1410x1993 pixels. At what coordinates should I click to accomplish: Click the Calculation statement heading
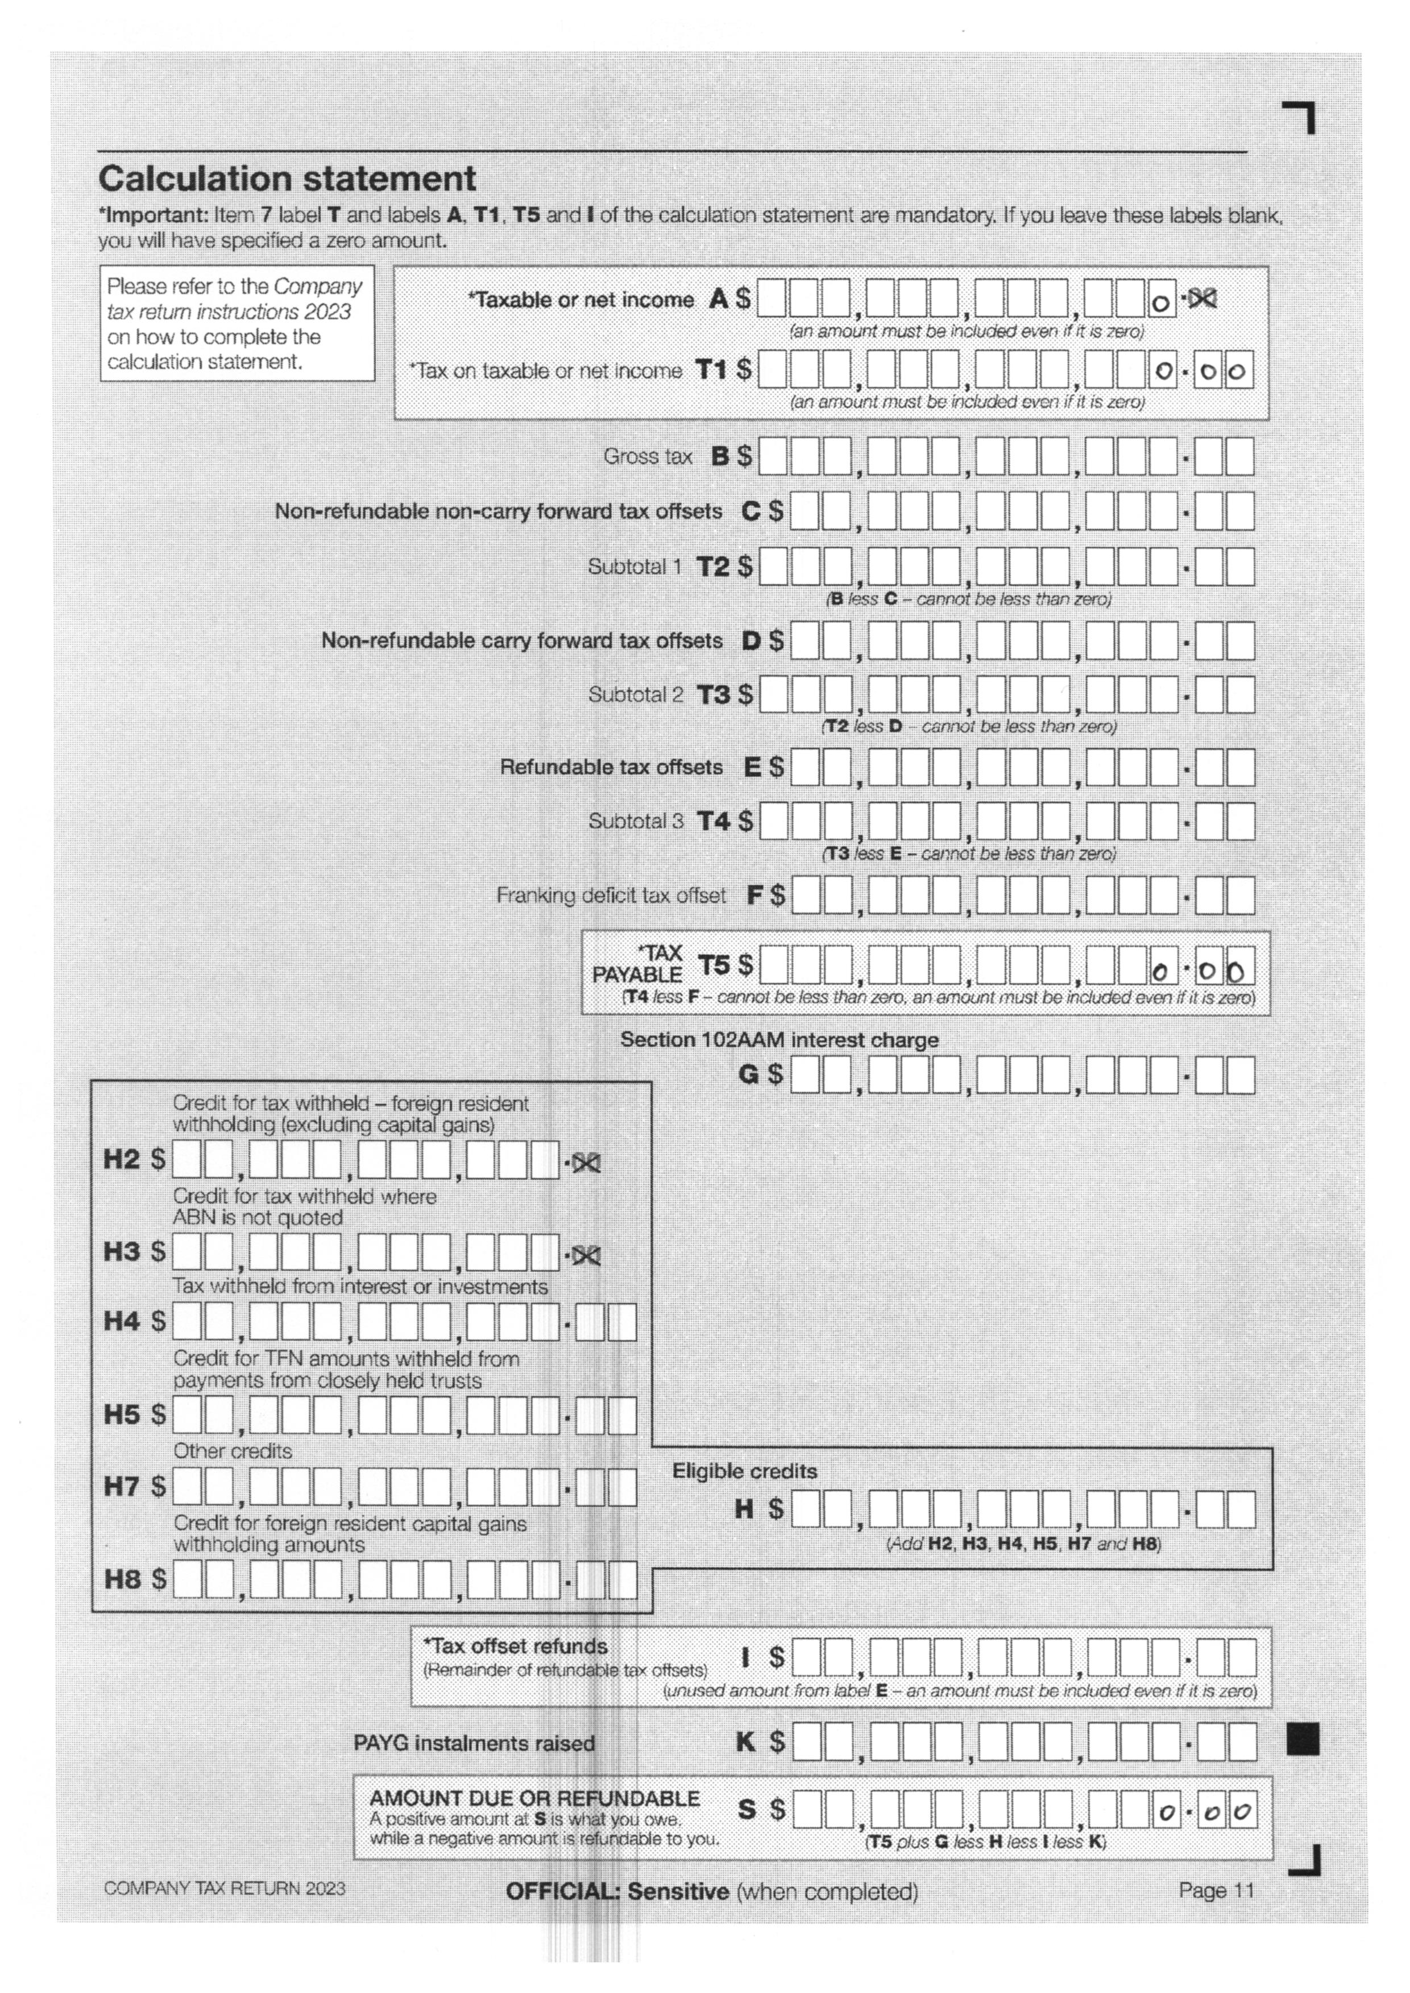pyautogui.click(x=287, y=179)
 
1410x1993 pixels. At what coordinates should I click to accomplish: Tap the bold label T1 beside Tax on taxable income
pyautogui.click(x=711, y=371)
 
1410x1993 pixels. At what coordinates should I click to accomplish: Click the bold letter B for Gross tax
pyautogui.click(x=720, y=456)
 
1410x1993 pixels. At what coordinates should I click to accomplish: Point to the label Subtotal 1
pyautogui.click(x=634, y=567)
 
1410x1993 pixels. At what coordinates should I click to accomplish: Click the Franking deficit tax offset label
pyautogui.click(x=611, y=895)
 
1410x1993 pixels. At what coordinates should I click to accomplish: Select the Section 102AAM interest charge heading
pyautogui.click(x=779, y=1040)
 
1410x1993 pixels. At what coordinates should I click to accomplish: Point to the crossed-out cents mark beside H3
pyautogui.click(x=586, y=1255)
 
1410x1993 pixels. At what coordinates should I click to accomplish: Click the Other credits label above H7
pyautogui.click(x=233, y=1450)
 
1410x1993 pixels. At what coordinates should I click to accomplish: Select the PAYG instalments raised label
pyautogui.click(x=474, y=1743)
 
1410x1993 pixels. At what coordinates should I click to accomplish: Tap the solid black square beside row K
pyautogui.click(x=1303, y=1738)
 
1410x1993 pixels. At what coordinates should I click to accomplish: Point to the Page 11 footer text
pyautogui.click(x=1216, y=1891)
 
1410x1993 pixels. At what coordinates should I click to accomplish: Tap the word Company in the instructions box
pyautogui.click(x=318, y=286)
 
